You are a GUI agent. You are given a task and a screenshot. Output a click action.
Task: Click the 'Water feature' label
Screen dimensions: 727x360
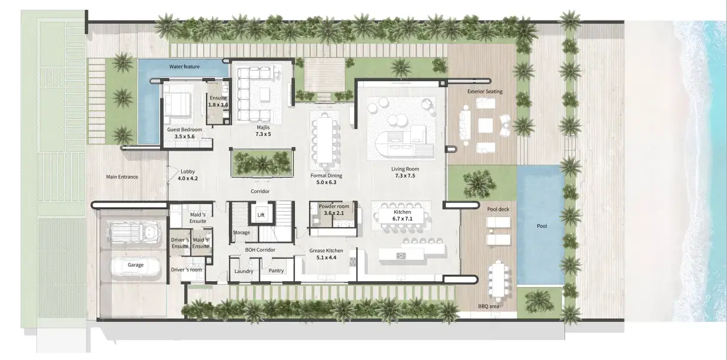click(184, 66)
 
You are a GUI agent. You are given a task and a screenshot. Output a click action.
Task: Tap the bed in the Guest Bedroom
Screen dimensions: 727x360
click(177, 104)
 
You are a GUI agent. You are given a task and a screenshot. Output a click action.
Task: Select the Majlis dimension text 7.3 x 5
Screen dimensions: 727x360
click(263, 134)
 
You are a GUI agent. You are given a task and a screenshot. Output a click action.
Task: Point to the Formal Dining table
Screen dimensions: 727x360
click(325, 139)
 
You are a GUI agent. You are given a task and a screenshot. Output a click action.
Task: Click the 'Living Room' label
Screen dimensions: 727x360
click(405, 169)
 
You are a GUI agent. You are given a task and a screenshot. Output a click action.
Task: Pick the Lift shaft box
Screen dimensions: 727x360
click(261, 213)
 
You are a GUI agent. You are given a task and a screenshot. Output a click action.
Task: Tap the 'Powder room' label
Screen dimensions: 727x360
click(334, 206)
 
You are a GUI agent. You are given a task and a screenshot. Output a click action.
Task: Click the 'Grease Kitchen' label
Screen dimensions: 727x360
click(326, 251)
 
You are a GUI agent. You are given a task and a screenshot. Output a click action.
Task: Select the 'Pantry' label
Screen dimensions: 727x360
click(276, 271)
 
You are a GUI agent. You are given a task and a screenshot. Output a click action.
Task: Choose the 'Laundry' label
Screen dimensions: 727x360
click(244, 271)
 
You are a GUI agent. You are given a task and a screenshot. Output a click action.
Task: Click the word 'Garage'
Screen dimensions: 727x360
click(135, 265)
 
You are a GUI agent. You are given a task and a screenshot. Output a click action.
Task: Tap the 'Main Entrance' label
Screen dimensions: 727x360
click(122, 176)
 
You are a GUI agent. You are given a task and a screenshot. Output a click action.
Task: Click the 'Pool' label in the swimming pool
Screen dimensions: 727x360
click(542, 226)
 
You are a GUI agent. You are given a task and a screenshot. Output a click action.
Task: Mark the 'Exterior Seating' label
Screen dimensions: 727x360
click(485, 91)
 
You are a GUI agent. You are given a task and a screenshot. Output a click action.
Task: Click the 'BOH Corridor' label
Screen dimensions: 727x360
click(260, 250)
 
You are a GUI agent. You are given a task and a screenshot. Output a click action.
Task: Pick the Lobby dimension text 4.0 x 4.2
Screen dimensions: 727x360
click(188, 178)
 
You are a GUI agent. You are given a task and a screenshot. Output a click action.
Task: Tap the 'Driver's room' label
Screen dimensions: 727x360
click(186, 269)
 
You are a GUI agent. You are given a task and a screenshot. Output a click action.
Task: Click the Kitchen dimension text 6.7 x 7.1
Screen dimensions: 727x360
click(403, 219)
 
